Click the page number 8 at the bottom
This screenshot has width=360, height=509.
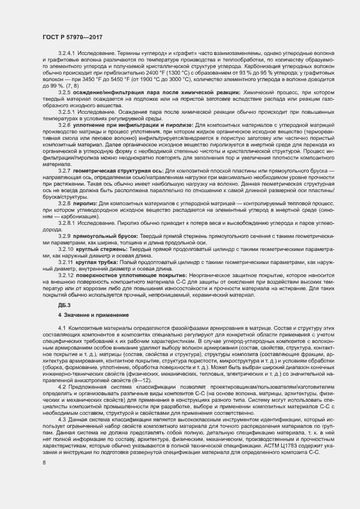pos(44,462)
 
